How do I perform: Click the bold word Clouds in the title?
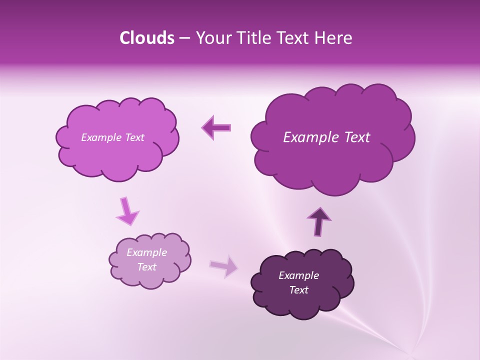pos(147,38)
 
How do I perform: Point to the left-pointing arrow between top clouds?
pos(216,127)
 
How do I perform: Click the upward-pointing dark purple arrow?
pos(318,221)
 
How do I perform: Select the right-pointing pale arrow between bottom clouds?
pos(224,265)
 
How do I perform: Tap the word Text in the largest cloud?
pos(357,137)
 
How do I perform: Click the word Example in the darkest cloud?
pos(298,275)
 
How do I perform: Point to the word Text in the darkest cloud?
pos(298,290)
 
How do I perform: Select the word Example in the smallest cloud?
pos(146,252)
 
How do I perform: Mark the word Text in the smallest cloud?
pos(146,267)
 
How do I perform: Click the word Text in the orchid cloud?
pos(134,137)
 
